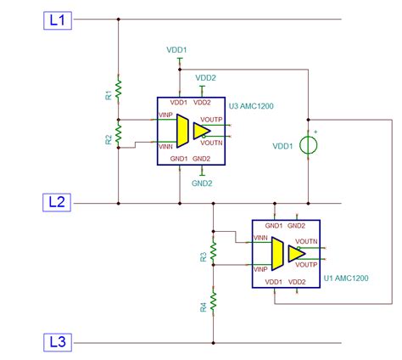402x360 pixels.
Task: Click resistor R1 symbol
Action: tap(120, 88)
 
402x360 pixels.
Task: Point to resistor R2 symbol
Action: tap(120, 132)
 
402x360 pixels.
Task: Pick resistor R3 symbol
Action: tap(214, 250)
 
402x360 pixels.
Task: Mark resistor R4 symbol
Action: tap(214, 301)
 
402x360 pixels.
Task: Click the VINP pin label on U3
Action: tap(166, 115)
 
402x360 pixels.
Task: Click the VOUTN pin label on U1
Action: tap(306, 241)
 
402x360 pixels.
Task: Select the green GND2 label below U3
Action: tap(201, 183)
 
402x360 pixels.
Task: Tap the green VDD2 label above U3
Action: tap(206, 77)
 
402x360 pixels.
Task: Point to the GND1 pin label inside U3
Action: tap(177, 159)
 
